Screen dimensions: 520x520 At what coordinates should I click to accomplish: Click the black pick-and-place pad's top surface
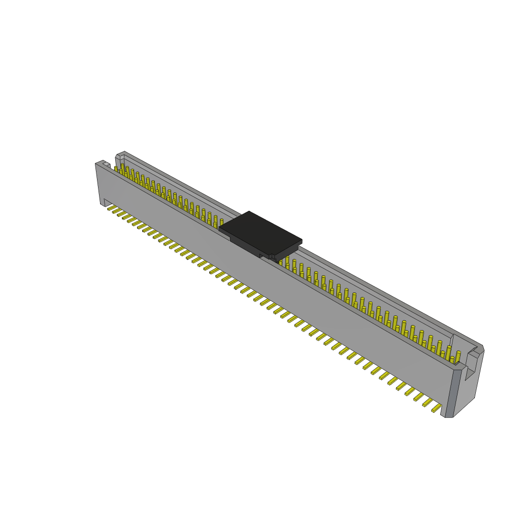pyautogui.click(x=260, y=233)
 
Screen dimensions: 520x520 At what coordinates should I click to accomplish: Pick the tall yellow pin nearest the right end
pyautogui.click(x=458, y=356)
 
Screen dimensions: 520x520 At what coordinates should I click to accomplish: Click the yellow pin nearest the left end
pyautogui.click(x=116, y=169)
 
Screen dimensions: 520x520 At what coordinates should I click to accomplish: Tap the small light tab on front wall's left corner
pyautogui.click(x=106, y=164)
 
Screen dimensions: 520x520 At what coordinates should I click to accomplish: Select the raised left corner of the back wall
pyautogui.click(x=120, y=155)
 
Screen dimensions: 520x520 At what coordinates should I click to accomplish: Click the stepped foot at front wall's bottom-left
pyautogui.click(x=107, y=202)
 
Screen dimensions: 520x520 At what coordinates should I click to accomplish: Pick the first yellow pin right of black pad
pyautogui.click(x=287, y=261)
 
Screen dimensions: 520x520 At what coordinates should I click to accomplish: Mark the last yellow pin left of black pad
pyautogui.click(x=221, y=222)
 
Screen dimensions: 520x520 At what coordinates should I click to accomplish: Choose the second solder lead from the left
pyautogui.click(x=116, y=210)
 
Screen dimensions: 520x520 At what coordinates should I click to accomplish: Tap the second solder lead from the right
pyautogui.click(x=428, y=402)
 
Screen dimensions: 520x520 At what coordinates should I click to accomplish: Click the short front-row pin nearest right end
pyautogui.click(x=451, y=360)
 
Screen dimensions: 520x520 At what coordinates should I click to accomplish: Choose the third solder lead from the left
pyautogui.click(x=121, y=213)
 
